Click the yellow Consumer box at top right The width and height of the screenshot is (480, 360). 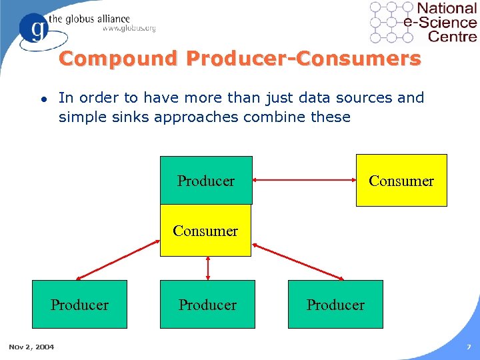(401, 180)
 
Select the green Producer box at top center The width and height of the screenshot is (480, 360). (206, 180)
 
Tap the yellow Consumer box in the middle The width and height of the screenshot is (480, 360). (205, 231)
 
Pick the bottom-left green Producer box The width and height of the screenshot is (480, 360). (80, 305)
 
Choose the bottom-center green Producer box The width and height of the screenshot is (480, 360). (207, 305)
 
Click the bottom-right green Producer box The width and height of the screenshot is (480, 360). (335, 305)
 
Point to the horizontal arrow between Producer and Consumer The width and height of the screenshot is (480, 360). (304, 180)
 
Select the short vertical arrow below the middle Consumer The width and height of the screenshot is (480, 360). (208, 268)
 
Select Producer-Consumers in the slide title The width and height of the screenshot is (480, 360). (303, 59)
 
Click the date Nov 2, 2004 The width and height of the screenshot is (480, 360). (31, 346)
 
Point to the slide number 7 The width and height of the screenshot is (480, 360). (469, 347)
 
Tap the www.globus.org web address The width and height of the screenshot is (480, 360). (129, 29)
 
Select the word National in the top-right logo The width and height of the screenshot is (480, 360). (446, 9)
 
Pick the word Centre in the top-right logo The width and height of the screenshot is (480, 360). (452, 35)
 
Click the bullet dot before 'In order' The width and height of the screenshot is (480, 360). (43, 99)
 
